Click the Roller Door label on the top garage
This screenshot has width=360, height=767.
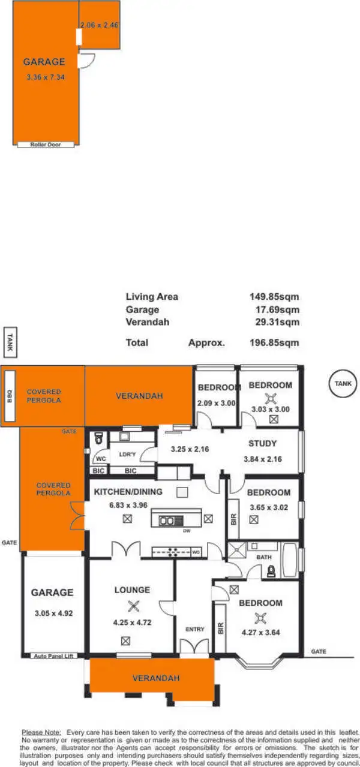[46, 145]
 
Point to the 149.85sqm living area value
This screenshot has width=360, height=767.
[274, 296]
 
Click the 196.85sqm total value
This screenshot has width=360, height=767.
[274, 343]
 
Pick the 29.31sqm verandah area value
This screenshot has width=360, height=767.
[276, 322]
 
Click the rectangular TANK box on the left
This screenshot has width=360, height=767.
[10, 342]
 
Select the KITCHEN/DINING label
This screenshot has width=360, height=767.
[128, 492]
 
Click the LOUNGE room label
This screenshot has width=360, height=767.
[132, 590]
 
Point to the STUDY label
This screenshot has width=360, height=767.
[262, 444]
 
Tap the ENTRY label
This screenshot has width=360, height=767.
[194, 629]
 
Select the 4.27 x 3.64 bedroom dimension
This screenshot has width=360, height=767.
[260, 632]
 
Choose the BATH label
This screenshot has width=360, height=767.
[265, 557]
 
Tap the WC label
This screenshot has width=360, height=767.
[101, 461]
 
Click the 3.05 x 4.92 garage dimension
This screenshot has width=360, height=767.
[53, 613]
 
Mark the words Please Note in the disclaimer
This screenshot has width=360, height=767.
[41, 732]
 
